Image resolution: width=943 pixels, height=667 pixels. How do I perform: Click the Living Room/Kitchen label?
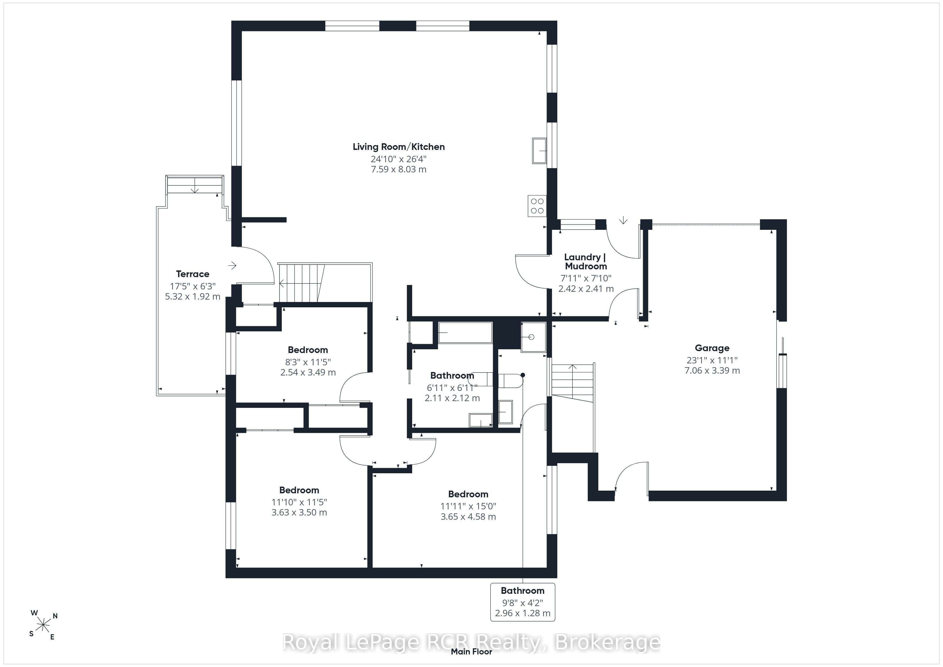tap(398, 147)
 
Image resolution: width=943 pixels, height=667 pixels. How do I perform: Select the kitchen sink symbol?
tap(539, 151)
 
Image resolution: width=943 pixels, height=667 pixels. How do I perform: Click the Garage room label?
tap(712, 348)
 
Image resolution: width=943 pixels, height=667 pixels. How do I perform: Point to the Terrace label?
tap(193, 274)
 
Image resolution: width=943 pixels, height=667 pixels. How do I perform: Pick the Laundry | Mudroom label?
tap(586, 261)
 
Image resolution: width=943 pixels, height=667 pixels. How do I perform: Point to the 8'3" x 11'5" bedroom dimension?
tap(308, 362)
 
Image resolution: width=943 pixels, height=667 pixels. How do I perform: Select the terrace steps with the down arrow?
tap(195, 185)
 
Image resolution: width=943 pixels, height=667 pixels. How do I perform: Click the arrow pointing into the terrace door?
tap(233, 266)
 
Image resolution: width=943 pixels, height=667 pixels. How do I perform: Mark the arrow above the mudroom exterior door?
tap(624, 220)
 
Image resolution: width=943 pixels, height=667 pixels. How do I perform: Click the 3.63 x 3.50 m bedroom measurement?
tap(299, 512)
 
